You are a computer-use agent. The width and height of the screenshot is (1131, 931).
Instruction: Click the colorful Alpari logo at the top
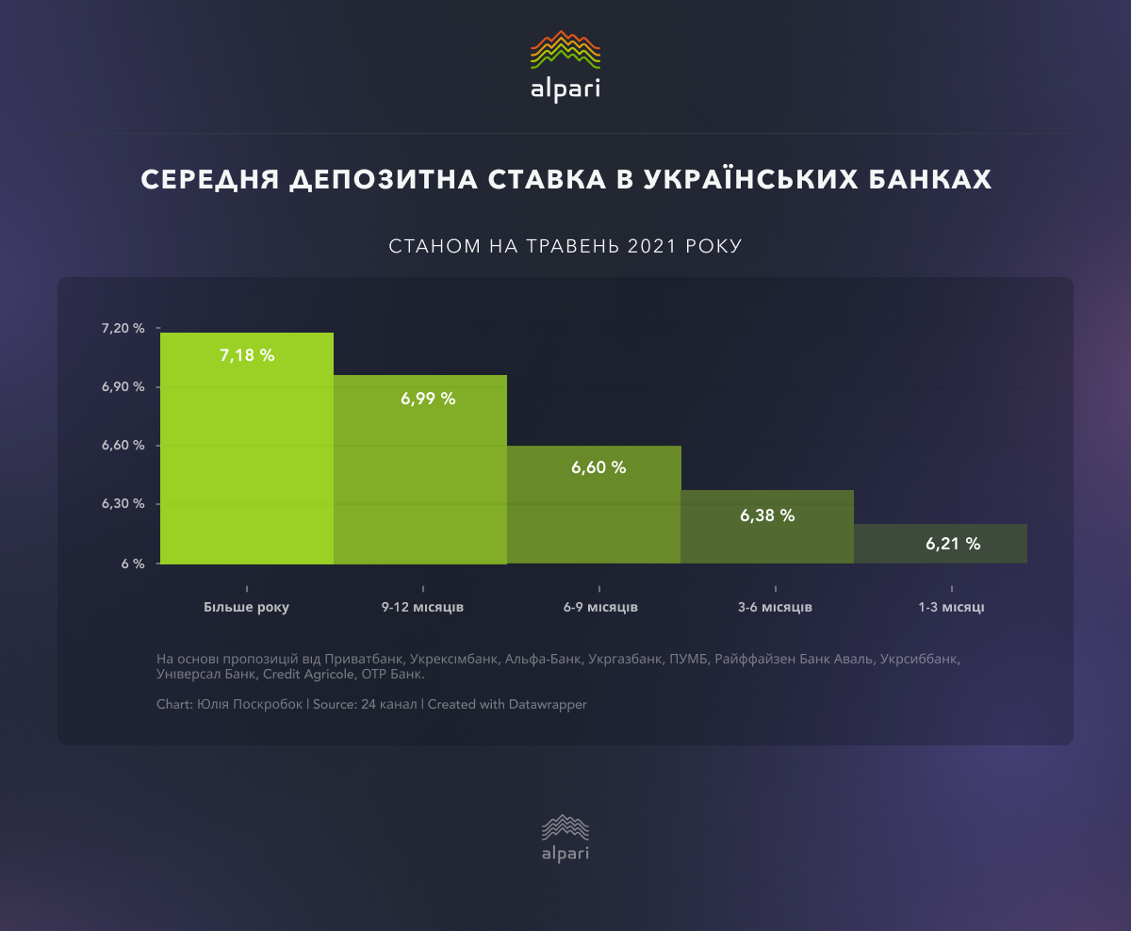point(565,66)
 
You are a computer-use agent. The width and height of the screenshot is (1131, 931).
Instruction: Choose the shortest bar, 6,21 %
point(941,545)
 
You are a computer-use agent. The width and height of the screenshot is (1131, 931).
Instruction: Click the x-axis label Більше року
point(246,607)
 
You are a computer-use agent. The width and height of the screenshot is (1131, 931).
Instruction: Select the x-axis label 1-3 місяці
point(951,607)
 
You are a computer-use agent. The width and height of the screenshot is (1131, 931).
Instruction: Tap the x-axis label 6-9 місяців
point(600,607)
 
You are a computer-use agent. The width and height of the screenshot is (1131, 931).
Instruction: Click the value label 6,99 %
point(428,399)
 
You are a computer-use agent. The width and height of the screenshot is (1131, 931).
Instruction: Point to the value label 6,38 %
point(767,515)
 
